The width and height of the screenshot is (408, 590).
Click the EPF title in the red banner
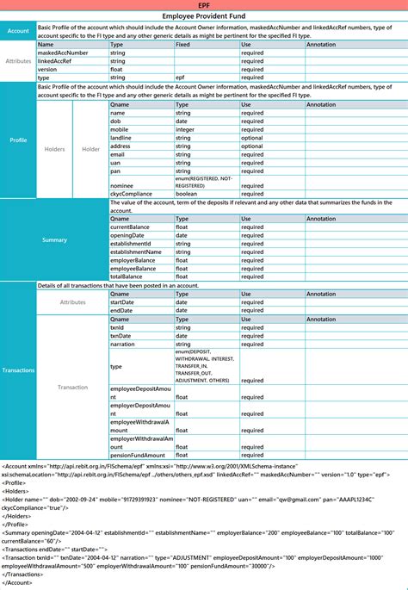click(x=204, y=5)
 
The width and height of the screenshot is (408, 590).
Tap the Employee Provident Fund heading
click(x=204, y=16)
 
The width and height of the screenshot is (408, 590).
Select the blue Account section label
click(x=18, y=31)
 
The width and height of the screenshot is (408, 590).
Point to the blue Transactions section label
click(x=18, y=370)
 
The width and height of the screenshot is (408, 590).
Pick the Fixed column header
click(x=183, y=44)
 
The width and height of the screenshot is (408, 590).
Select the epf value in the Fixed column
click(x=181, y=78)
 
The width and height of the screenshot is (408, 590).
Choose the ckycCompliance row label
click(x=129, y=193)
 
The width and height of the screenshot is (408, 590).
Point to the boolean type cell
click(x=189, y=193)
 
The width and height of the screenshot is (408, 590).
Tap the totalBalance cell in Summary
click(x=128, y=276)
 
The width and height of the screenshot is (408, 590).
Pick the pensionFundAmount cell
click(x=138, y=455)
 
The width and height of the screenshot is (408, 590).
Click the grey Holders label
click(x=54, y=149)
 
